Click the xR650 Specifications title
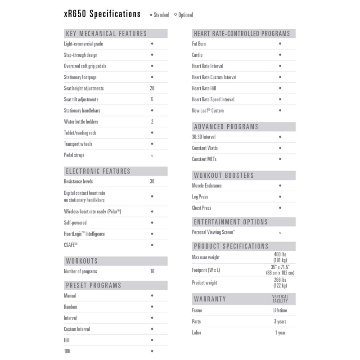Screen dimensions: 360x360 [x=102, y=14]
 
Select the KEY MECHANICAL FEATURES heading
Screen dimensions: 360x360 [x=106, y=34]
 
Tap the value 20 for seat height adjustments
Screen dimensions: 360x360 [x=152, y=89]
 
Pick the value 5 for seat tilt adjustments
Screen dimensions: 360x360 [x=152, y=99]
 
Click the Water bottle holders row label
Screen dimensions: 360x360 [x=81, y=122]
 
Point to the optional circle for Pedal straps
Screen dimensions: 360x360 [x=152, y=156]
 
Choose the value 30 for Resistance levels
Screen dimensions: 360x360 [x=152, y=182]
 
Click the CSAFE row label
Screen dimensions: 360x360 [x=71, y=245]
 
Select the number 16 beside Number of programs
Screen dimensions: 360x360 [x=152, y=271]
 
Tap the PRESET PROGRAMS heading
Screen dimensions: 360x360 [x=94, y=285]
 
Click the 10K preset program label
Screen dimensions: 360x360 [x=67, y=351]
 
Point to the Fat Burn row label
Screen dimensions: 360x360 [x=199, y=44]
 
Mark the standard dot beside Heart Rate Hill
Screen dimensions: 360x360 [x=280, y=89]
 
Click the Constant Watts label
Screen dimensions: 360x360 [x=205, y=148]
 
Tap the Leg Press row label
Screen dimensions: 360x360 [x=200, y=197]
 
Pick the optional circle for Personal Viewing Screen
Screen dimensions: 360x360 [x=280, y=233]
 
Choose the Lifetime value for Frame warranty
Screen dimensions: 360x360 [x=280, y=310]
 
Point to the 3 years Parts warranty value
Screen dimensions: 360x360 [x=280, y=322]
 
